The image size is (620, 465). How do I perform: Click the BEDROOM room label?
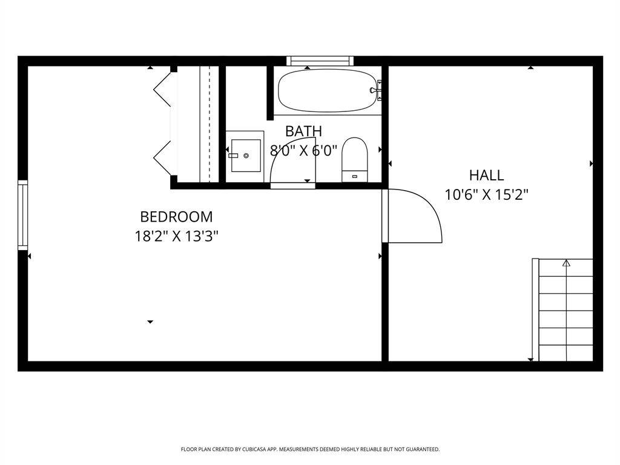point(176,217)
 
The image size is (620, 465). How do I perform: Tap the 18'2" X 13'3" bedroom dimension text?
point(176,237)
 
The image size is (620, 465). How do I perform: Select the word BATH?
point(304,131)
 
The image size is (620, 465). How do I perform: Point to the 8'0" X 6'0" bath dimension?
point(304,150)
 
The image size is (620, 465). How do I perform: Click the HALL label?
point(486,175)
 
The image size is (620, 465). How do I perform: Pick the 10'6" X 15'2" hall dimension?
point(486,194)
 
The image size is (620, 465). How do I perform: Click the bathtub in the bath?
point(328,91)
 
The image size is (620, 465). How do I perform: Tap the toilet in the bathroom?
point(355,159)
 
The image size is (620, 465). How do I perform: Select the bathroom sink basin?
point(246,156)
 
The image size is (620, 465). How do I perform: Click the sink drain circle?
point(246,156)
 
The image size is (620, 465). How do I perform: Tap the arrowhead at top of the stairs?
point(567,263)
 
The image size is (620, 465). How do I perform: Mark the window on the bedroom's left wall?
point(23,215)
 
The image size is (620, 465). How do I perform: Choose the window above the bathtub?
point(320,61)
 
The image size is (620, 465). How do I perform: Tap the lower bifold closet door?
point(162,158)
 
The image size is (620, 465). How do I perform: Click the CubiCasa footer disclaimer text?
point(310,449)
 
